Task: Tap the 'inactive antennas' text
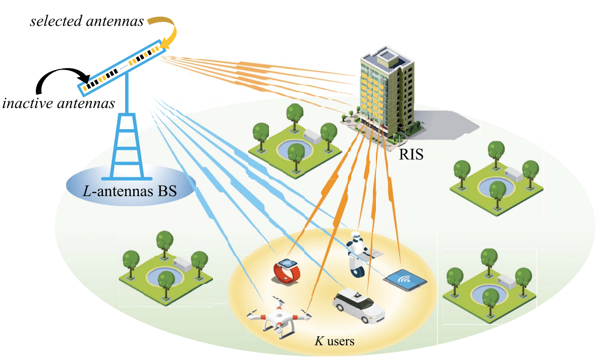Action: point(59,103)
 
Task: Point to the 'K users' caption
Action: point(335,341)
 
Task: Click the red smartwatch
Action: point(288,270)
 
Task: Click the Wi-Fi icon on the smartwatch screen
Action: point(289,263)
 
